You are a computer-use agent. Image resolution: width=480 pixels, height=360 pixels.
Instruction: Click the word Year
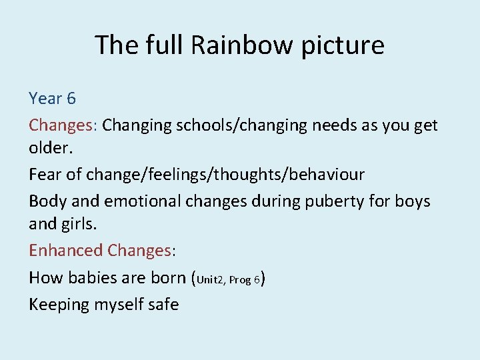tap(43, 99)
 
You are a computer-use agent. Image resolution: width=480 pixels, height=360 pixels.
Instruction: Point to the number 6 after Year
tap(71, 99)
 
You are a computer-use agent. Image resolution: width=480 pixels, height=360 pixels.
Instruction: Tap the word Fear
tap(44, 175)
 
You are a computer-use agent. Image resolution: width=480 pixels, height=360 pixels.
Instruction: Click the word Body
tap(45, 201)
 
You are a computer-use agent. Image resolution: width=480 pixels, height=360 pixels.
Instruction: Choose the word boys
tap(413, 201)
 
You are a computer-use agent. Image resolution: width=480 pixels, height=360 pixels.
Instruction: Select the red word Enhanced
tap(65, 250)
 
